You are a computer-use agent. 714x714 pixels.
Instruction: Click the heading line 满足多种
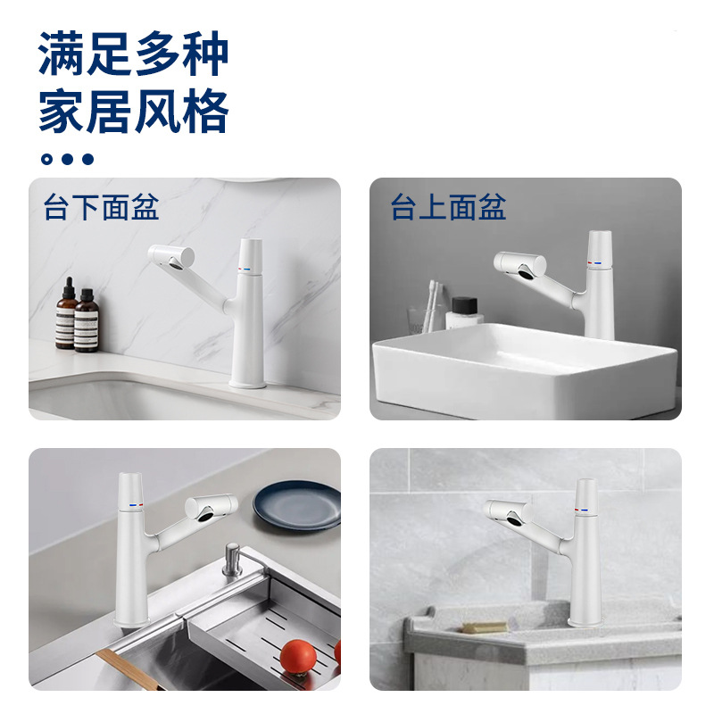pyautogui.click(x=133, y=54)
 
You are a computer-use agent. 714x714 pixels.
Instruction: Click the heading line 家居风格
pyautogui.click(x=133, y=111)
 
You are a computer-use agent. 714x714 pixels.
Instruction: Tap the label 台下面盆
pyautogui.click(x=101, y=207)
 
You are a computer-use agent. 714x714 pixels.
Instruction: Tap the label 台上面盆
pyautogui.click(x=449, y=207)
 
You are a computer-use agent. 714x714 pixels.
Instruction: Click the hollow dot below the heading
pyautogui.click(x=46, y=159)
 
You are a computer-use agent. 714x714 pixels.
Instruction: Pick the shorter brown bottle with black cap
pyautogui.click(x=87, y=320)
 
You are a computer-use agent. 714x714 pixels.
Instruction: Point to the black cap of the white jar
pyautogui.click(x=464, y=304)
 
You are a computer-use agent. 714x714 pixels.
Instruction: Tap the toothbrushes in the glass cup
pyautogui.click(x=432, y=305)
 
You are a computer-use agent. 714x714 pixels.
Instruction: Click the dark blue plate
pyautogui.click(x=297, y=506)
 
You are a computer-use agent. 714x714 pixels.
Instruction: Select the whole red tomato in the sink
pyautogui.click(x=298, y=657)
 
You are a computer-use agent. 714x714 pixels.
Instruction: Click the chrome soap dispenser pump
pyautogui.click(x=232, y=560)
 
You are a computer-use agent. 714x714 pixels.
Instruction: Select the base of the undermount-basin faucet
pyautogui.click(x=247, y=383)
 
